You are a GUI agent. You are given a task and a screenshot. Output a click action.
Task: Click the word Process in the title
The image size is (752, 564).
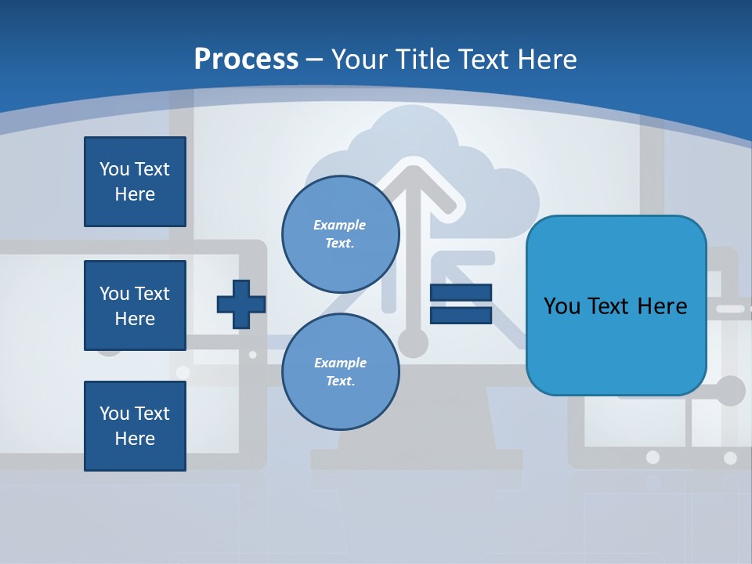[x=246, y=59]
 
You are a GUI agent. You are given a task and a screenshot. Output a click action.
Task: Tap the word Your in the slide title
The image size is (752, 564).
[x=361, y=59]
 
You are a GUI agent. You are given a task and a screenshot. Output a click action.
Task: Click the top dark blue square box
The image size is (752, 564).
[x=135, y=182]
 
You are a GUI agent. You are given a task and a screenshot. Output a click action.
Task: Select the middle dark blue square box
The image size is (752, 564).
[x=135, y=305]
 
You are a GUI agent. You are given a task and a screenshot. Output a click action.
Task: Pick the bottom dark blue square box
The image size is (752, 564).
[x=135, y=426]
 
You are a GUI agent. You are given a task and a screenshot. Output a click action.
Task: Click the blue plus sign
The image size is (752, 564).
[x=241, y=304]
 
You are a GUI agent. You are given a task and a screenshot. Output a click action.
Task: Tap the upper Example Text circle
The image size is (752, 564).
[x=340, y=234]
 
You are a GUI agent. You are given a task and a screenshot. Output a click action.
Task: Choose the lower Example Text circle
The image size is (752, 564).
[x=340, y=372]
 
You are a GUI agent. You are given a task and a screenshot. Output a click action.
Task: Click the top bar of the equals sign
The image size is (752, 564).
[x=461, y=293]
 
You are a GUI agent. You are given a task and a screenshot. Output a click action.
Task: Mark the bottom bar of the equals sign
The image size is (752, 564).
[x=461, y=315]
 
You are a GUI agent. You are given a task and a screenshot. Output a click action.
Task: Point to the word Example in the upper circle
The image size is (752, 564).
[x=340, y=225]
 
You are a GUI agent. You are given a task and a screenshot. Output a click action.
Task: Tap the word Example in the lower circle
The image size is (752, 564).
[x=340, y=363]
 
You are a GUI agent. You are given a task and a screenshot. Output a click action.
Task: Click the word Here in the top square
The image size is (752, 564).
[x=135, y=194]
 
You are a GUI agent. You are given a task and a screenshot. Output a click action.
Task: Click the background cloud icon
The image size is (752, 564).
[x=501, y=196]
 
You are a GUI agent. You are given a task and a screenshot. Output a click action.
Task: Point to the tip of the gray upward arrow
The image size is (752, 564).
[x=414, y=168]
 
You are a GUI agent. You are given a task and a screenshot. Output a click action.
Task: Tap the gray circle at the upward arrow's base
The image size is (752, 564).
[x=413, y=342]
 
